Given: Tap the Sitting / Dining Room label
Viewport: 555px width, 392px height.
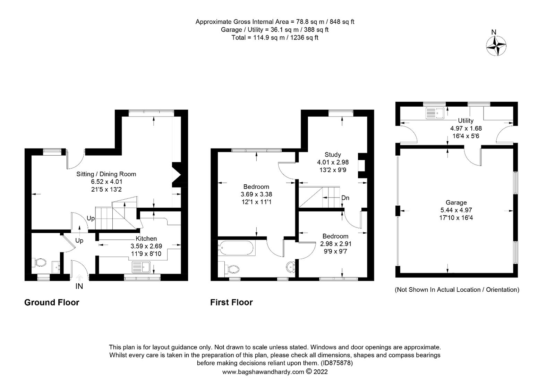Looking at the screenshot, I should [x=106, y=174].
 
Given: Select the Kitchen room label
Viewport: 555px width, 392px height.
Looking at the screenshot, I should [x=146, y=239].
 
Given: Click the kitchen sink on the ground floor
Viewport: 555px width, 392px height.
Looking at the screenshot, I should [x=141, y=267].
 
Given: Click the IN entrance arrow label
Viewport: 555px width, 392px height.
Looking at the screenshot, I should [x=79, y=286].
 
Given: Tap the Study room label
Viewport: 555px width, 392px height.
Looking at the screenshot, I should [x=333, y=155].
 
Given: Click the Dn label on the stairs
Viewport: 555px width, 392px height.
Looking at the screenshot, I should [x=345, y=198].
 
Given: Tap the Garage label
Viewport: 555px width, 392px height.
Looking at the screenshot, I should [x=456, y=202].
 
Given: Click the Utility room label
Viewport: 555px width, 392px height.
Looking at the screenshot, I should [x=466, y=120].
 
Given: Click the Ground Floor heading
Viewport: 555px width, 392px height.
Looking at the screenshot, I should [x=52, y=302].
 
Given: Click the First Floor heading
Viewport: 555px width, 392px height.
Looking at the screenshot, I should [x=231, y=302].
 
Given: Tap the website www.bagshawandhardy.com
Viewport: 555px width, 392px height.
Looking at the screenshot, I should [x=263, y=372].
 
